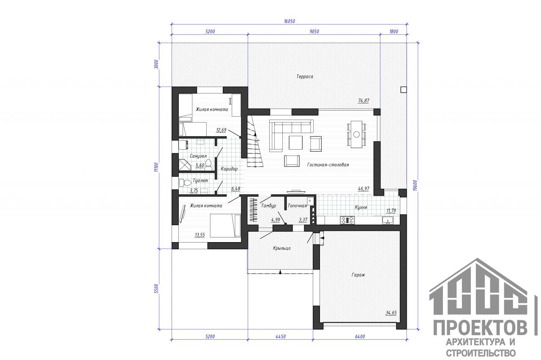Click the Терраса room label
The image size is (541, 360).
click(305, 76)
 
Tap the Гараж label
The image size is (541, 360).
click(358, 275)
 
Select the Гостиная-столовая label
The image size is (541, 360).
click(328, 165)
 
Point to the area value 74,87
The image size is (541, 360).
click(363, 101)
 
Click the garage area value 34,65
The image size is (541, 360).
click(391, 313)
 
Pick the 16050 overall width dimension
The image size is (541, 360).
click(290, 21)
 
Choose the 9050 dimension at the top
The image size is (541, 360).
click(314, 32)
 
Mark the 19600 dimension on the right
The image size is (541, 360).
click(415, 185)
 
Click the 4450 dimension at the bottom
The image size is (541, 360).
click(280, 337)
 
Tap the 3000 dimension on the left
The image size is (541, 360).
click(156, 65)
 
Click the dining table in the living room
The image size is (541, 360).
click(356, 134)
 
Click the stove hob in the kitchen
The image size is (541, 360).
click(347, 220)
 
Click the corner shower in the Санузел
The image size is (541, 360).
click(185, 165)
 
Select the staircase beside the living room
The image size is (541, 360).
click(254, 141)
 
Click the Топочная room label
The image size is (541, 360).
click(297, 206)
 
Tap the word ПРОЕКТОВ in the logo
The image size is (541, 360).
click(480, 328)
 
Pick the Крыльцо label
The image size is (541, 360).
click(281, 248)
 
